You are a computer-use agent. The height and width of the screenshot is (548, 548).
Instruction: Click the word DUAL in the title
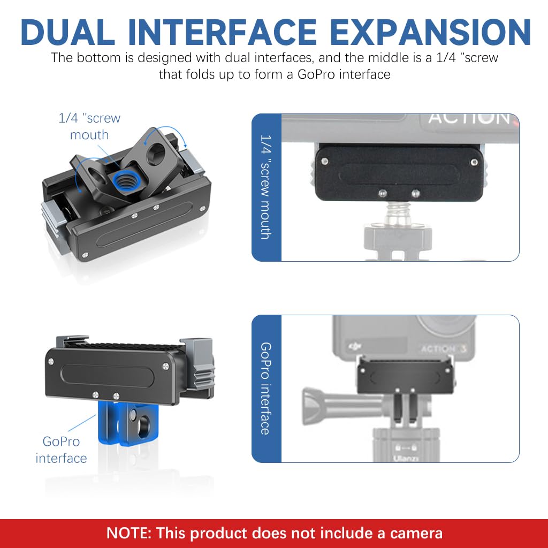pyautogui.click(x=68, y=32)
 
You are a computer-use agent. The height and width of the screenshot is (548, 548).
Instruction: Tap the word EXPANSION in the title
pyautogui.click(x=430, y=32)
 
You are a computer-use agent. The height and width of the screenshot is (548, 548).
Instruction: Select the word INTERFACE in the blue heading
pyautogui.click(x=222, y=32)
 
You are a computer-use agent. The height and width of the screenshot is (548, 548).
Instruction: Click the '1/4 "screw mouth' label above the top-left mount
pyautogui.click(x=89, y=126)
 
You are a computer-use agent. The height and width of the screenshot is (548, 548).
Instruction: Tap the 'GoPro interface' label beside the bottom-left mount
pyautogui.click(x=61, y=450)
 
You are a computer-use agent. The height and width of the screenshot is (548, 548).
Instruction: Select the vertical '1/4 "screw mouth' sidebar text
pyautogui.click(x=266, y=187)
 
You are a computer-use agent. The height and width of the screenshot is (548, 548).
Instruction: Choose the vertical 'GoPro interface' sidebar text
pyautogui.click(x=266, y=389)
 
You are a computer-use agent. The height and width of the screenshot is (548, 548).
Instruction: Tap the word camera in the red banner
pyautogui.click(x=416, y=534)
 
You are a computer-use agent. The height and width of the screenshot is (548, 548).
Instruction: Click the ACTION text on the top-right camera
pyautogui.click(x=469, y=118)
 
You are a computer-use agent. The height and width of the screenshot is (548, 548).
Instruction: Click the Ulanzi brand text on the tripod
pyautogui.click(x=406, y=458)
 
